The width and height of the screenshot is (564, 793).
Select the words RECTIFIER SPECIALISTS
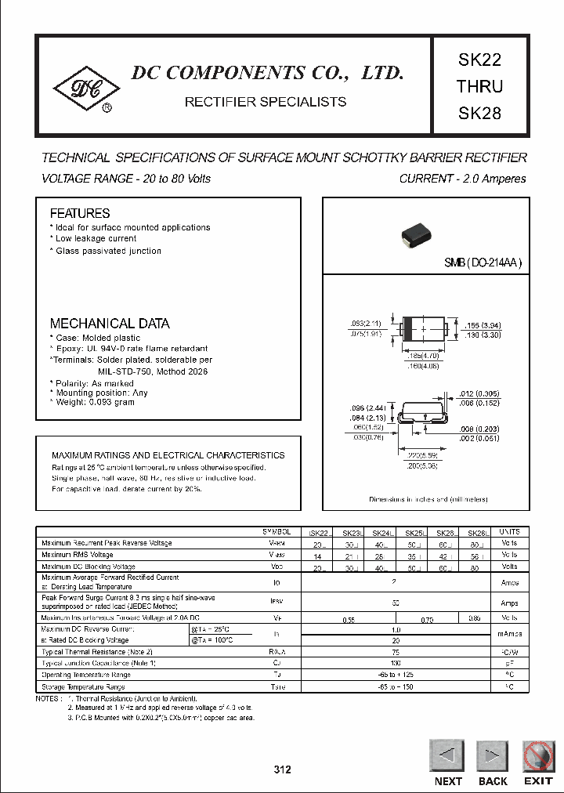(x=265, y=102)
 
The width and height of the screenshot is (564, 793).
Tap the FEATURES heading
(x=80, y=213)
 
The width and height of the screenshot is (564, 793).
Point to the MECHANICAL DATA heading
(x=110, y=323)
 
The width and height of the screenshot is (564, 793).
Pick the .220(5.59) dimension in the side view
(x=424, y=454)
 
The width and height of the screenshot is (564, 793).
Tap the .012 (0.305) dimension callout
(x=479, y=394)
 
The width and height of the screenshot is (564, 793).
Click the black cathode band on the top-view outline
(x=407, y=331)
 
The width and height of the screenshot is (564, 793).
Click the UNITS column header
(x=509, y=531)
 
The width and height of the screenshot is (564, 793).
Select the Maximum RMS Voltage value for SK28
(x=474, y=555)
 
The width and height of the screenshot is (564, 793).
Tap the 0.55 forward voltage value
(x=349, y=619)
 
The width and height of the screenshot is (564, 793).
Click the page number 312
(x=282, y=769)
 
